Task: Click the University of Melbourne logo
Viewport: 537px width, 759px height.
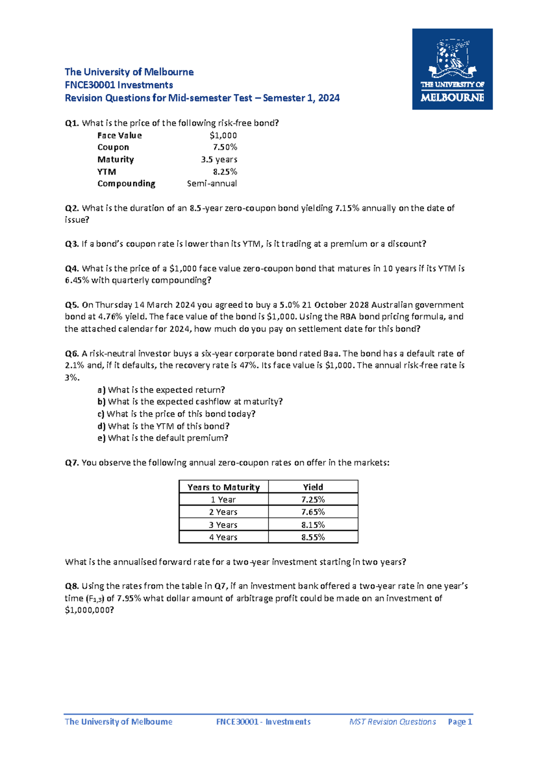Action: (x=452, y=69)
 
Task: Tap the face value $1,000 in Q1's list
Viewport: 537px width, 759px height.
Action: (x=223, y=135)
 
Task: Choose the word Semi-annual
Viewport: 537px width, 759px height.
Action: (x=212, y=183)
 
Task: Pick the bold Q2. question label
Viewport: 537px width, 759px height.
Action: (x=72, y=208)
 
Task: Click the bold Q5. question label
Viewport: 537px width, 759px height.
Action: (x=72, y=305)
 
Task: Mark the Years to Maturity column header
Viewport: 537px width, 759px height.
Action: (x=223, y=487)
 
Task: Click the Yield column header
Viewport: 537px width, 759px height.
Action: (x=313, y=487)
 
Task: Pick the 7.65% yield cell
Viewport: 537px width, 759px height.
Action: (x=313, y=512)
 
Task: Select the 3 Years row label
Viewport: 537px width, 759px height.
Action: (x=223, y=524)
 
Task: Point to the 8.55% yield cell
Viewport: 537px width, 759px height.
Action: (x=313, y=537)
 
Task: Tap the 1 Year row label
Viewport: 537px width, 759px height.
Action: (x=223, y=499)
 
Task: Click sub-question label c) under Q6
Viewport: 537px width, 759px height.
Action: (x=101, y=414)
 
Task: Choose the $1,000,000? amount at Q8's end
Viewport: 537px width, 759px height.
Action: (x=89, y=610)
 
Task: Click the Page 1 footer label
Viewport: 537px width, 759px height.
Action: (x=460, y=722)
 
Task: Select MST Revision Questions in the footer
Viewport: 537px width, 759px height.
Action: (x=392, y=722)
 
